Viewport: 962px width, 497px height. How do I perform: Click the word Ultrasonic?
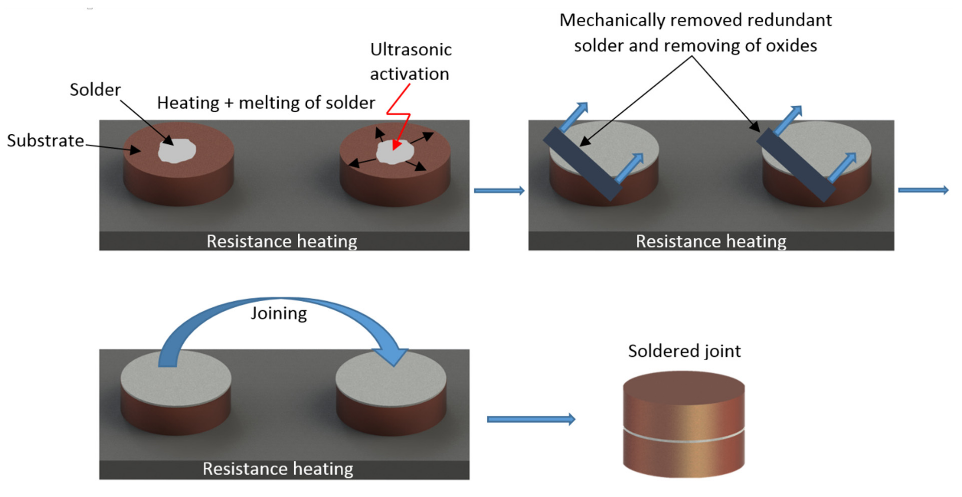coord(411,50)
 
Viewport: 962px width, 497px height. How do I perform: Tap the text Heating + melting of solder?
coord(266,103)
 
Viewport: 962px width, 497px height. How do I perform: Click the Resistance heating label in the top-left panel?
coord(282,241)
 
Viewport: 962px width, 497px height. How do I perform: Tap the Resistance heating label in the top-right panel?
coord(711,241)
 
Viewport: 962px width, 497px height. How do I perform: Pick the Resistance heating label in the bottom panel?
coord(278,469)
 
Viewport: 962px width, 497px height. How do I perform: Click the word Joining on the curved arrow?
coord(279,313)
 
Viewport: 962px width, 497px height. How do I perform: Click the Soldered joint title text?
coord(684,351)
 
